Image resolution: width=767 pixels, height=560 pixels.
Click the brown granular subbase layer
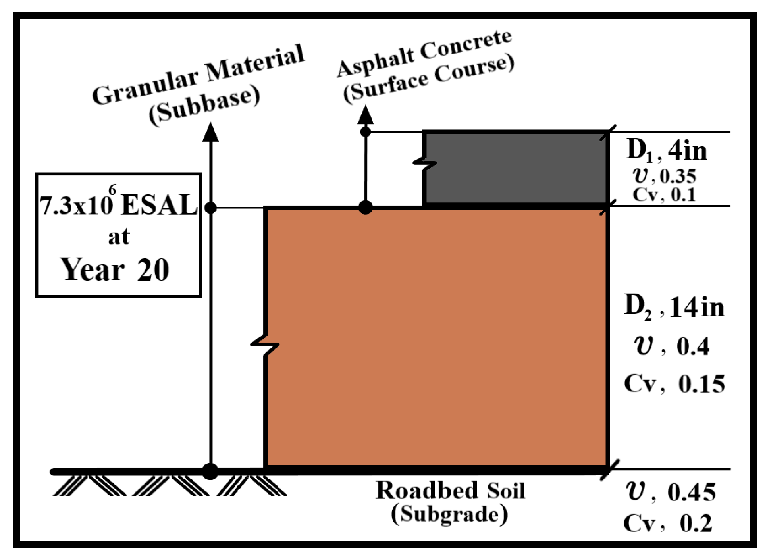coord(437,337)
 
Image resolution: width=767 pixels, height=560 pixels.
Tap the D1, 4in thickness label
coord(667,150)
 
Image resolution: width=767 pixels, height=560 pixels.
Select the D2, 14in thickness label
coord(674,307)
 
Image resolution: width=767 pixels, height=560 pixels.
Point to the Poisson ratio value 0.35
coord(678,176)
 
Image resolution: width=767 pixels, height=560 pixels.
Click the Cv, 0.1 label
coord(664,195)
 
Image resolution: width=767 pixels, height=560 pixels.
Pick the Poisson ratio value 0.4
coord(693,346)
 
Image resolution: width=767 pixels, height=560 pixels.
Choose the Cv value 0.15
coord(701,384)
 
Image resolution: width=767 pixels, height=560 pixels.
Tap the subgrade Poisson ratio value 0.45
coord(692,492)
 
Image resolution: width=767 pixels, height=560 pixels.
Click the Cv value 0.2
coord(696,523)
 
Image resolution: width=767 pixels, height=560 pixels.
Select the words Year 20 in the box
coord(115,269)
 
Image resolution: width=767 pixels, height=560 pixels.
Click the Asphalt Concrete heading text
coord(424,53)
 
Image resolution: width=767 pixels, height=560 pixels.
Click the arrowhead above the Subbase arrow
coord(210,132)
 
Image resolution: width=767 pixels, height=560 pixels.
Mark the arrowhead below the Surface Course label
coord(365,115)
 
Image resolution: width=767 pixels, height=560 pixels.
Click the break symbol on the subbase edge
coord(264,345)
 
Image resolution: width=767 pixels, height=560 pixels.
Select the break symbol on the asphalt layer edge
coord(424,163)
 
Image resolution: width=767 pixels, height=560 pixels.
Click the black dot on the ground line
coord(210,471)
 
